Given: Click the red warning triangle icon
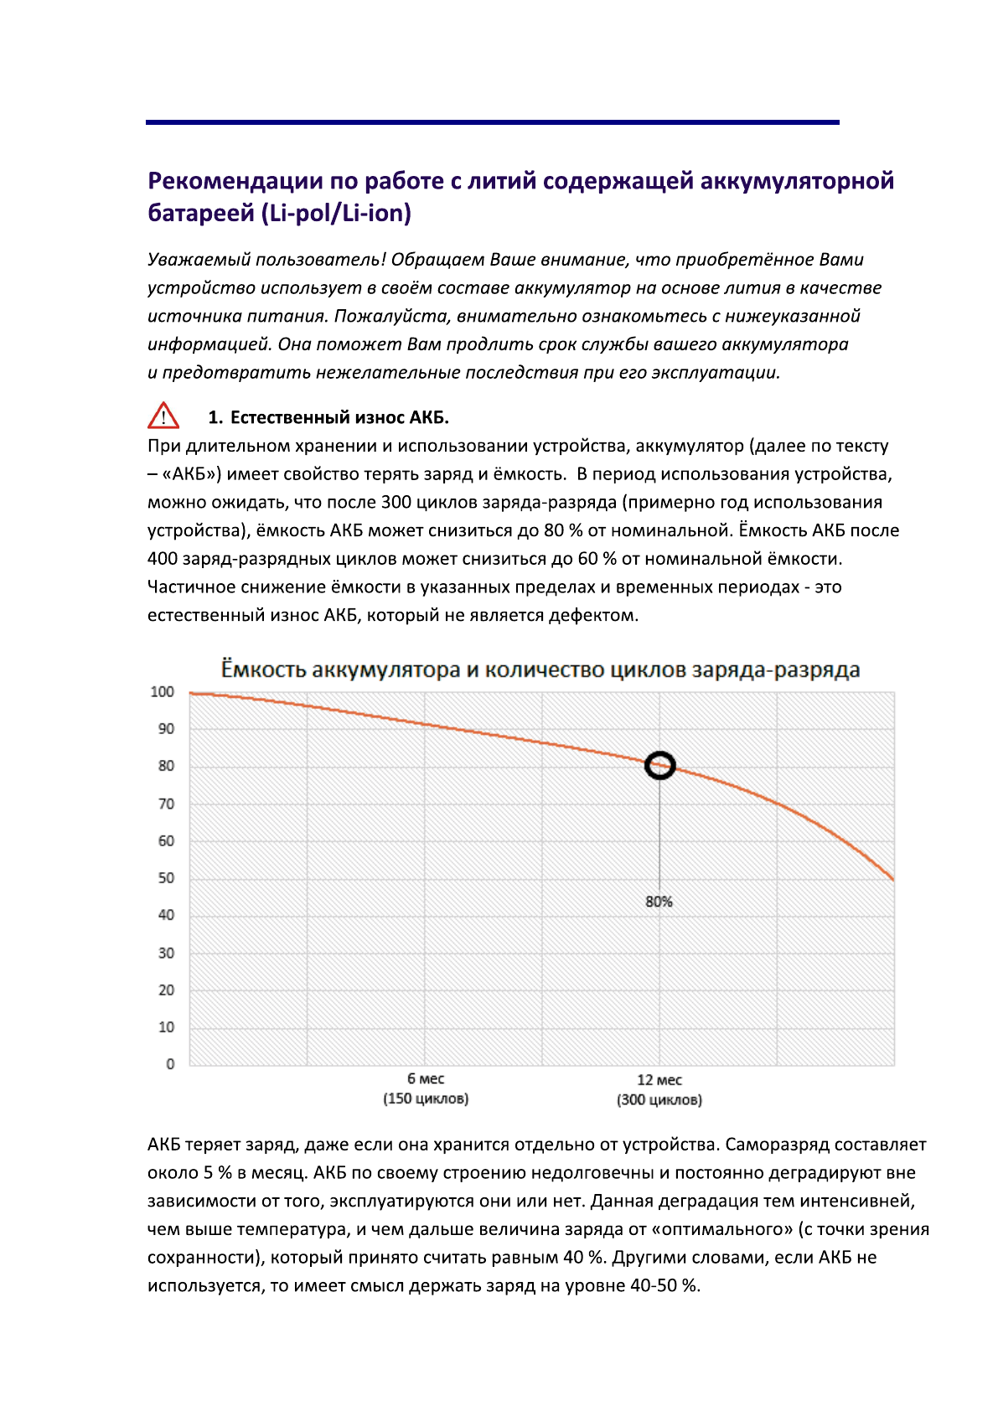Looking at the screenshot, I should [163, 416].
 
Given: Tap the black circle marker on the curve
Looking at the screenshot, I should [659, 765].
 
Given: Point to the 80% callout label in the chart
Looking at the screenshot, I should [659, 902].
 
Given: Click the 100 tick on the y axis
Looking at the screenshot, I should [162, 692].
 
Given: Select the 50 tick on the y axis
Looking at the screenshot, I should [166, 878].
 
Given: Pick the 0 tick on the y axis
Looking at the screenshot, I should [170, 1064].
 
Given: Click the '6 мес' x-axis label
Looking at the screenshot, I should [426, 1079].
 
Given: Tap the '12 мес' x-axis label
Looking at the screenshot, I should [659, 1080].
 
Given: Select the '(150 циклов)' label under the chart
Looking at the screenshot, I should [426, 1098].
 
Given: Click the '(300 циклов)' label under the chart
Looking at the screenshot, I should [659, 1099].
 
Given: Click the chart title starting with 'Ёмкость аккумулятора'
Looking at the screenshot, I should [540, 669].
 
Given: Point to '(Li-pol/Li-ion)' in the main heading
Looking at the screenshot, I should [336, 214].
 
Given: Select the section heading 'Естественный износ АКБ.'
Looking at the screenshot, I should [339, 417].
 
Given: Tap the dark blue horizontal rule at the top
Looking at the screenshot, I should [492, 122].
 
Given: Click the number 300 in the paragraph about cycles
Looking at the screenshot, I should [396, 502].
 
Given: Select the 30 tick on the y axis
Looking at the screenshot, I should [166, 953].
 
